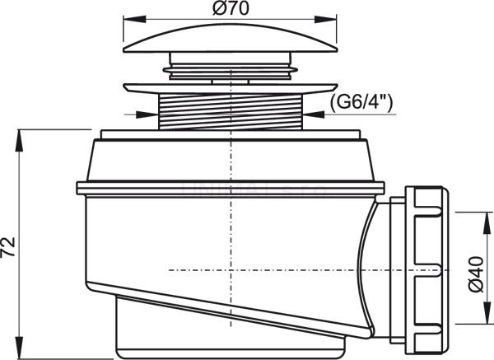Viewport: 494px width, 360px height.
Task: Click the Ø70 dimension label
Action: [231, 8]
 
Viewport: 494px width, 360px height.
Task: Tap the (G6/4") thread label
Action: [361, 102]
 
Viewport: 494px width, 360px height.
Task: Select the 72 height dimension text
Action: [8, 247]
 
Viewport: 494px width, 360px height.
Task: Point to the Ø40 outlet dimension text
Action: [476, 274]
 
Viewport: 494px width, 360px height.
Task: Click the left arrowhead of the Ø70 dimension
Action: [135, 19]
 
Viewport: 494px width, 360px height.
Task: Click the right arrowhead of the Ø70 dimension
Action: [326, 19]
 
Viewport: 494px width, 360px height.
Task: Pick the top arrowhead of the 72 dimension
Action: [20, 141]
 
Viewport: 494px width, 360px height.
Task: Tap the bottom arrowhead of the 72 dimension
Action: [20, 348]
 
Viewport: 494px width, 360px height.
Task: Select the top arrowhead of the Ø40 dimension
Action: [487, 223]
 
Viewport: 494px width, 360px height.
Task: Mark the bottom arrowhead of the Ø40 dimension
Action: [487, 312]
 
